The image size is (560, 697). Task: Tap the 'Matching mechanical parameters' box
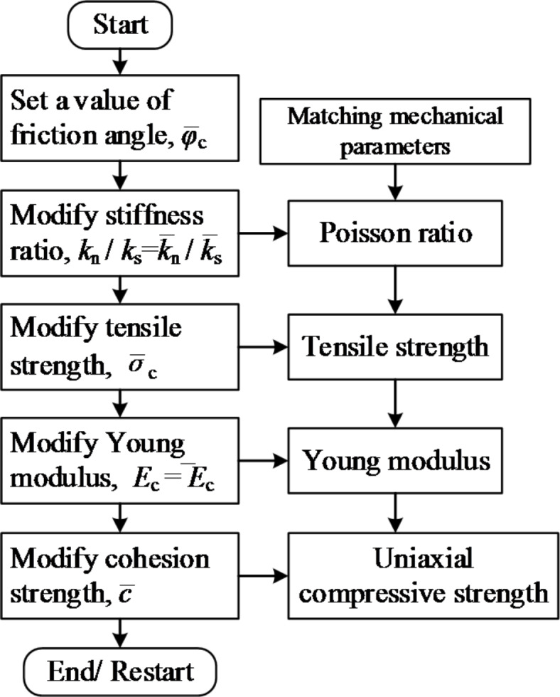(394, 130)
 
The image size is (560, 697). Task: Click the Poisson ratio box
(394, 233)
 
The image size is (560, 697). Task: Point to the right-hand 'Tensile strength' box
(394, 347)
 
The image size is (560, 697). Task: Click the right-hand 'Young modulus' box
(394, 461)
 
